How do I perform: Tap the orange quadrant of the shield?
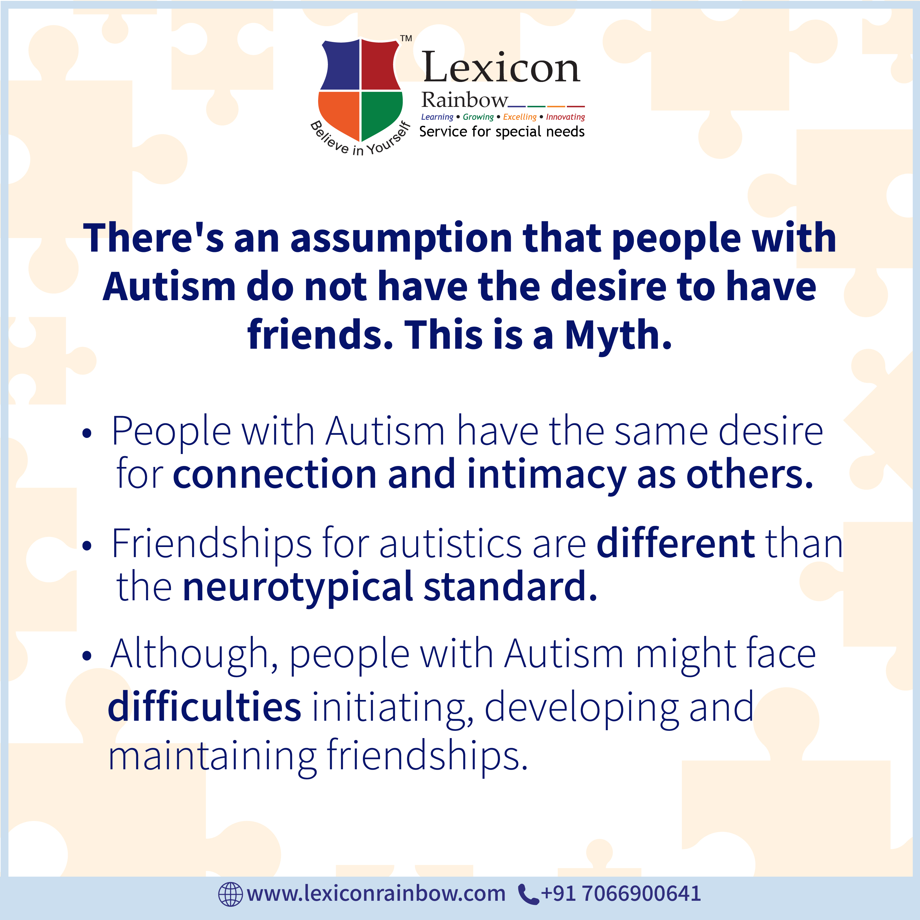[339, 113]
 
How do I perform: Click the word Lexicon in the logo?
[501, 67]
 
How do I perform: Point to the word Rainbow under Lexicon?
[465, 100]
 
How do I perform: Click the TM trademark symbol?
[406, 38]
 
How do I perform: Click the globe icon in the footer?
[230, 894]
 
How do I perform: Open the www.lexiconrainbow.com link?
[376, 894]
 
